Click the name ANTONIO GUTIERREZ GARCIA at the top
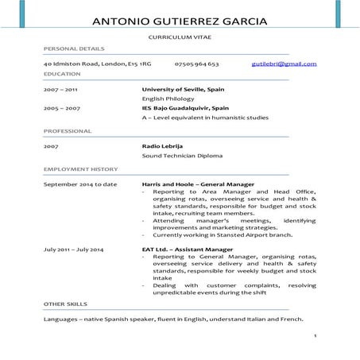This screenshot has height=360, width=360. click(x=180, y=21)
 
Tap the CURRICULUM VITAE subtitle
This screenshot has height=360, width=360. click(x=180, y=38)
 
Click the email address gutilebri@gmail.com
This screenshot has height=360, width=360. click(x=284, y=64)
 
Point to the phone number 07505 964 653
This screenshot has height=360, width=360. click(x=196, y=64)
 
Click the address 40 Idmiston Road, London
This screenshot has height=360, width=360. click(x=97, y=64)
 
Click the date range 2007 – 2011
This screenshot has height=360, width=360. click(x=60, y=90)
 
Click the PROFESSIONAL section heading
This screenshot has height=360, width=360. click(x=67, y=130)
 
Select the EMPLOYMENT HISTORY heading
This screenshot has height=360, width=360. click(x=80, y=169)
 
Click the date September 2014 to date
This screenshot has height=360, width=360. click(x=80, y=184)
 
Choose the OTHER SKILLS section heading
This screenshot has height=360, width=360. click(x=65, y=304)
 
